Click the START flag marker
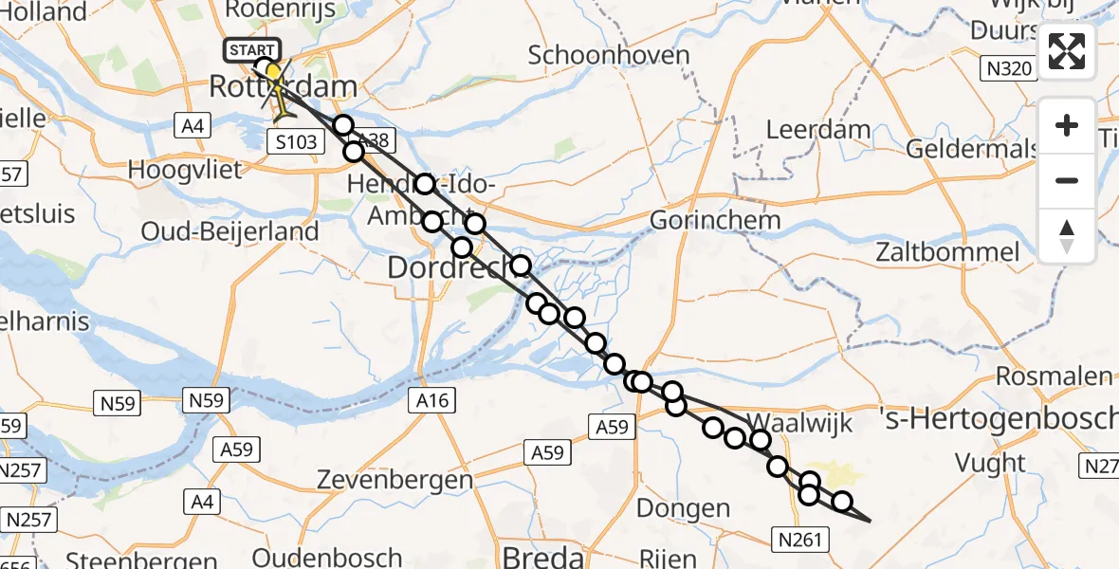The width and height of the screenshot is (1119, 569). pos(251,49)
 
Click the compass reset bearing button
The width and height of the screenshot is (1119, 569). pos(1067,235)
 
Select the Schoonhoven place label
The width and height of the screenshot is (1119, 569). pos(609,55)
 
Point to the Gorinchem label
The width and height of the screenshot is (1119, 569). pos(716,220)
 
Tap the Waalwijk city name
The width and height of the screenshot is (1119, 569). pos(787,422)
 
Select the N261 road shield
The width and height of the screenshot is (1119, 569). pos(801,541)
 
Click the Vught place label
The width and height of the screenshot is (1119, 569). pos(990,464)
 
